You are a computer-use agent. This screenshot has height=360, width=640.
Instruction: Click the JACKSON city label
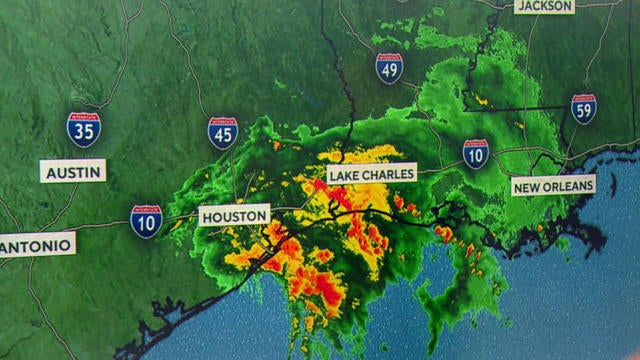point(544,6)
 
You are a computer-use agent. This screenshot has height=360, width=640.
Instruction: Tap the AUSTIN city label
point(73,171)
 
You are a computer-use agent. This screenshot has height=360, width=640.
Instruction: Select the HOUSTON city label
point(235,215)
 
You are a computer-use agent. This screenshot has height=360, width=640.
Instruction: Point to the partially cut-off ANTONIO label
point(36,244)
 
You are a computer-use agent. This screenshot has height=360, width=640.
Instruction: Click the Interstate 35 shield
point(83,129)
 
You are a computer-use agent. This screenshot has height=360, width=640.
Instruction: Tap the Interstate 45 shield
point(223,133)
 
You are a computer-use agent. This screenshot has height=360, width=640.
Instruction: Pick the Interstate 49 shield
point(389,68)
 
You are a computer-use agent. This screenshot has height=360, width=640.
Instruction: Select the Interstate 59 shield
point(584,109)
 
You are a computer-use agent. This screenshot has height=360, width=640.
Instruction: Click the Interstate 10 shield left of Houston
point(146,221)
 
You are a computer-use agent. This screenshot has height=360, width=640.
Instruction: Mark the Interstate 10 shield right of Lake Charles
point(476,153)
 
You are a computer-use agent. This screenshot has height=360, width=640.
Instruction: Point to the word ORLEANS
point(567,186)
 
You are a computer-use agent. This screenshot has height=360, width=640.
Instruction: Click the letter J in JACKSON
point(522,6)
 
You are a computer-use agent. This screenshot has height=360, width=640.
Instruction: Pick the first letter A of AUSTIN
point(50,171)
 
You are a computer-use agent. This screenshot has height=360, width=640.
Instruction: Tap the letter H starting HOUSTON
point(208,215)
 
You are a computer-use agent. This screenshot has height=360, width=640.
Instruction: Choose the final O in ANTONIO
point(66,244)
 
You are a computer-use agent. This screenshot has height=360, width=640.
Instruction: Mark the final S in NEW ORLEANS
point(589,186)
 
